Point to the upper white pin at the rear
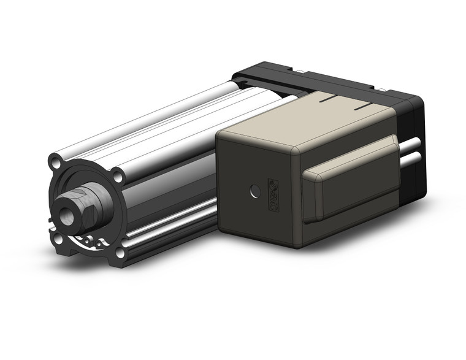coord(412,145)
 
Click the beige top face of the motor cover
coord(307,123)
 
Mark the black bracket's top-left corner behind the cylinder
coord(236,75)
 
